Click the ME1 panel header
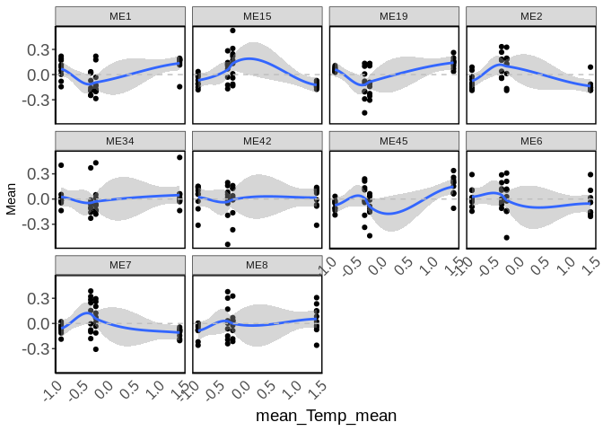pyautogui.click(x=120, y=17)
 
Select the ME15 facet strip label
pyautogui.click(x=258, y=17)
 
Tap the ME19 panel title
pyautogui.click(x=394, y=17)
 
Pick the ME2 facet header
pyautogui.click(x=531, y=17)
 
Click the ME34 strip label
pyautogui.click(x=120, y=141)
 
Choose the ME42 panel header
pyautogui.click(x=258, y=141)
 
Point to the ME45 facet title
pyautogui.click(x=394, y=141)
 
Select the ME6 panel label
pyautogui.click(x=531, y=141)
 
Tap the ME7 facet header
pyautogui.click(x=120, y=265)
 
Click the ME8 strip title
pyautogui.click(x=258, y=265)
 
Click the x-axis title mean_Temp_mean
pyautogui.click(x=326, y=416)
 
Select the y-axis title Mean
pyautogui.click(x=11, y=199)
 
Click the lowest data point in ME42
pyautogui.click(x=228, y=244)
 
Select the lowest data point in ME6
pyautogui.click(x=507, y=238)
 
